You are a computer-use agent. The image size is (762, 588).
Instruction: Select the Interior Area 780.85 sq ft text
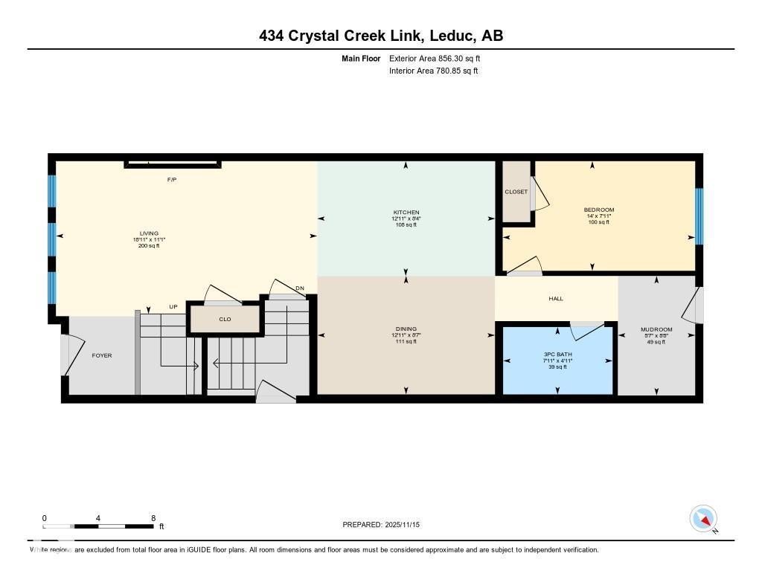coord(433,71)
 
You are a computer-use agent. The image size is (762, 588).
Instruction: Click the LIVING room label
coord(149,233)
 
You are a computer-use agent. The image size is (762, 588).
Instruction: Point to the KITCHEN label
coord(406,213)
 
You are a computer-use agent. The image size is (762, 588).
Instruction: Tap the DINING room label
coord(406,329)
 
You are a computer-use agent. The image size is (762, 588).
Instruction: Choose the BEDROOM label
coord(598,210)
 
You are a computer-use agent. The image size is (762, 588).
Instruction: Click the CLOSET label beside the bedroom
coord(516,192)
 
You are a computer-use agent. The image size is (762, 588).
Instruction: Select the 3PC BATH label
coord(557,354)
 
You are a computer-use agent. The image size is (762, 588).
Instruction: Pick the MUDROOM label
coord(656,329)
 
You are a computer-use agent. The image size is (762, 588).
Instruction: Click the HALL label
coord(556,299)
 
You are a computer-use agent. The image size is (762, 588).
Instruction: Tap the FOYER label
coord(102,355)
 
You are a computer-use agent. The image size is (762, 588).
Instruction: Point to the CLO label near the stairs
coord(225,319)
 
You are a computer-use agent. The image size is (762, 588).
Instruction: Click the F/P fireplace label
coord(171,180)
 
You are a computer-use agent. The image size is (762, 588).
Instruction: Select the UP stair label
coord(173,307)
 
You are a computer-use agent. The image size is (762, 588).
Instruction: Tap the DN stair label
coord(300,288)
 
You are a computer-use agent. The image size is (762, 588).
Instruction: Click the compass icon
coord(703,518)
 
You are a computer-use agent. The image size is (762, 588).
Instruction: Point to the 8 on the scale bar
coord(153,518)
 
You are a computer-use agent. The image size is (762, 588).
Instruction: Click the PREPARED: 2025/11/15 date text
coord(385,525)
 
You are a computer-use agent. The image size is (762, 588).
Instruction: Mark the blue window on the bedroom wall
coord(699,216)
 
